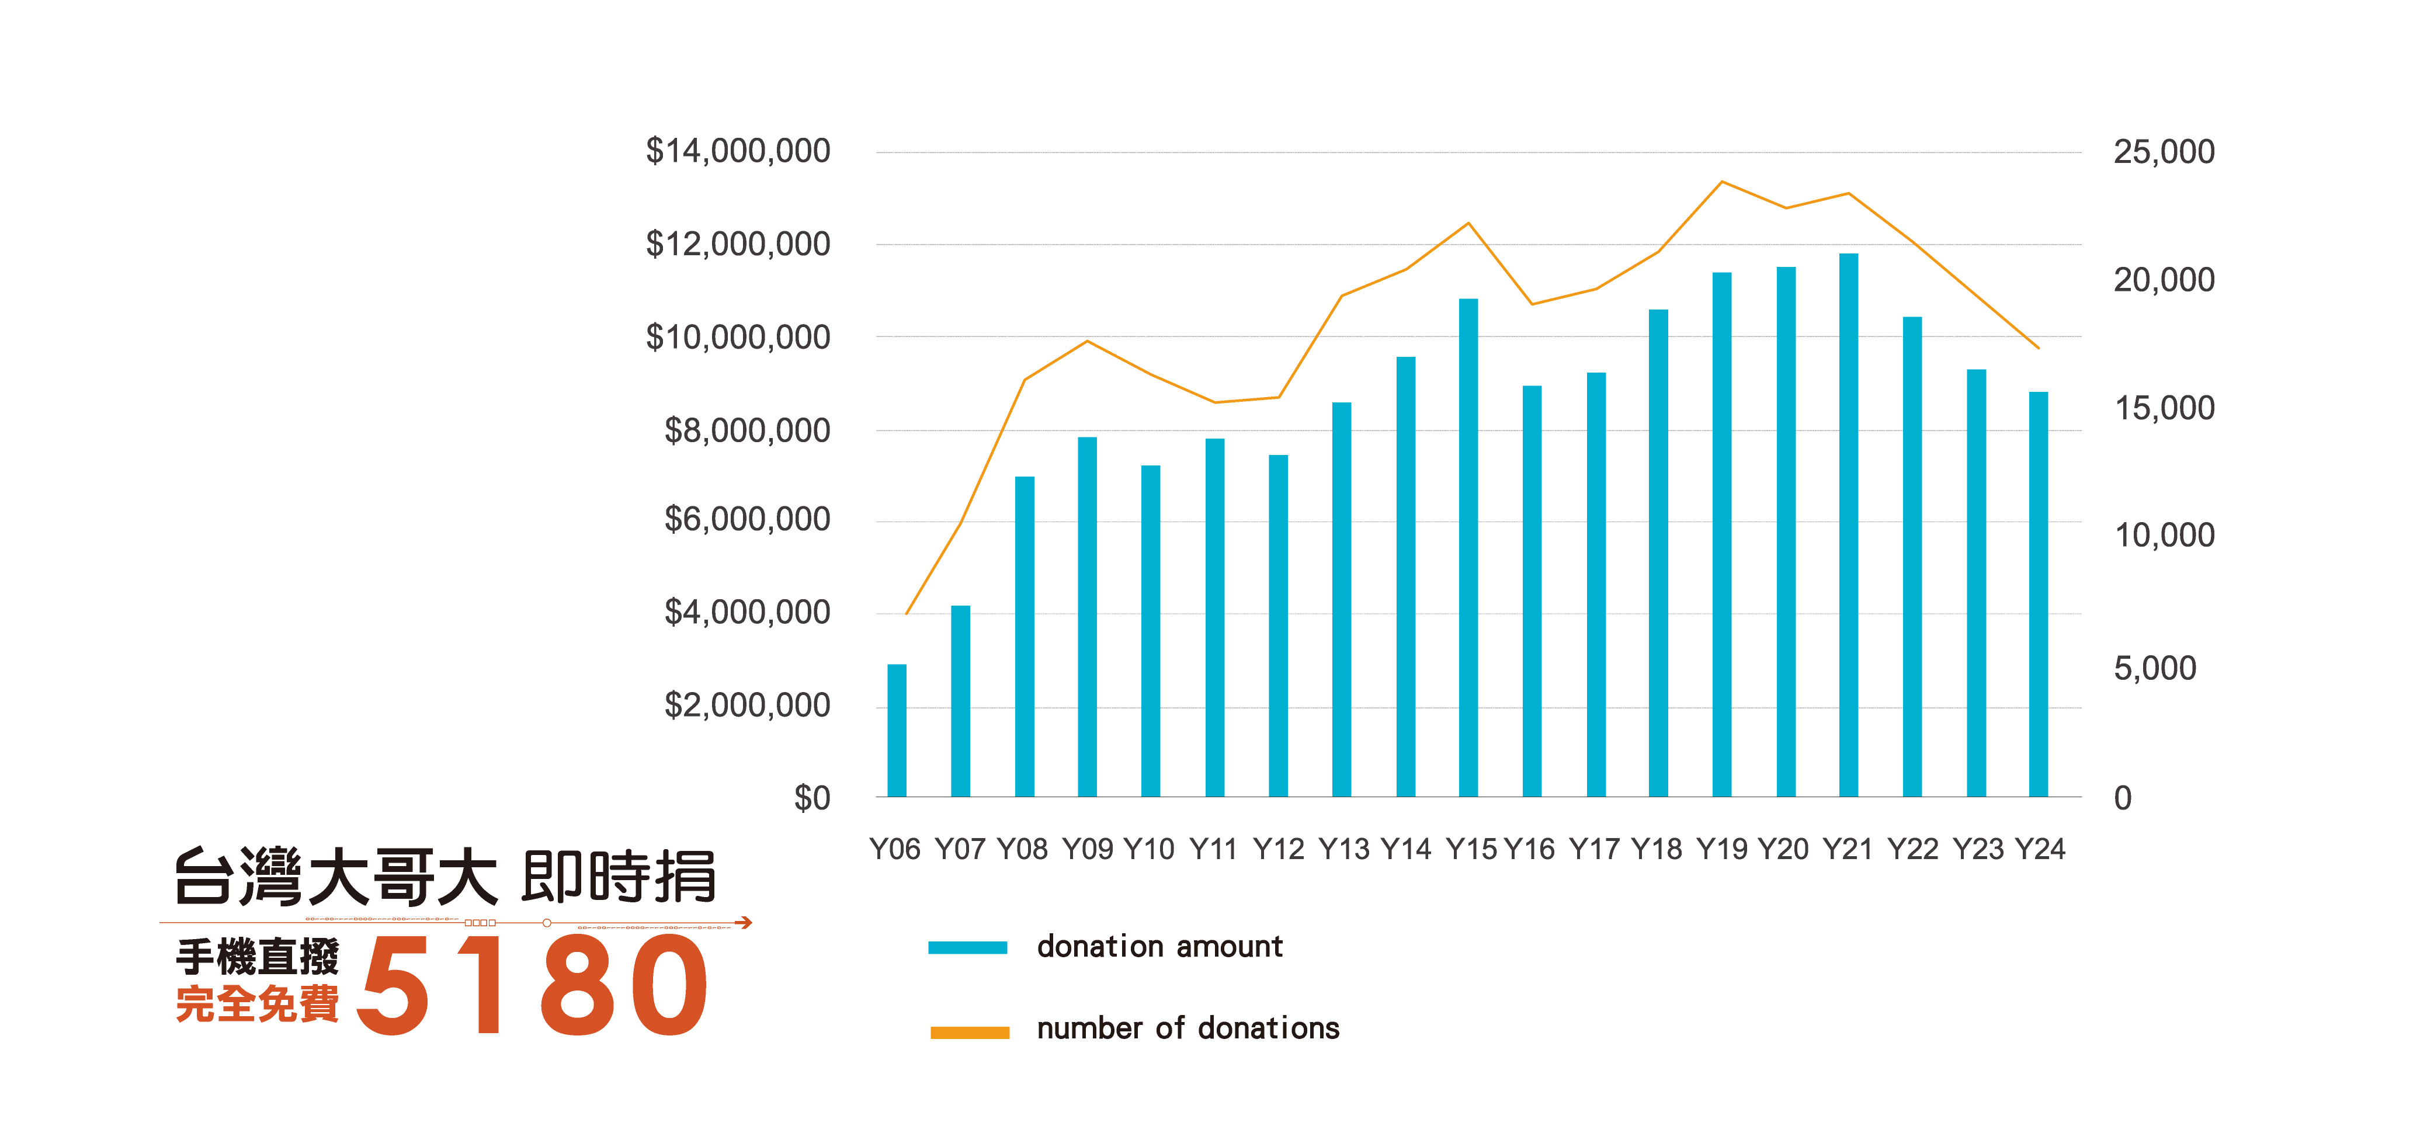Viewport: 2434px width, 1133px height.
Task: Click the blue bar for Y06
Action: coord(896,731)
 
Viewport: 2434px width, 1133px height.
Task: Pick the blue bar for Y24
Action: coord(2038,595)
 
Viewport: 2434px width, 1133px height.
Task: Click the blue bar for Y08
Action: coord(1025,637)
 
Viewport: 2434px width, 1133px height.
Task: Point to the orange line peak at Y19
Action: coord(1721,182)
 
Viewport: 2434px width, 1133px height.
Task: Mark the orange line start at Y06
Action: coord(906,614)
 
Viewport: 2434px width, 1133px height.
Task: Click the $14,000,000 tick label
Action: coord(737,151)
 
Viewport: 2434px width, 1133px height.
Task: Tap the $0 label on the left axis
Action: coord(812,798)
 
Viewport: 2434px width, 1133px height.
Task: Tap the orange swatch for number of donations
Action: coord(970,1032)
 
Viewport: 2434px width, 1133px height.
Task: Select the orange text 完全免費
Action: coord(257,1003)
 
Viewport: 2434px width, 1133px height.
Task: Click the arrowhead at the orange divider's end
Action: coord(745,922)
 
